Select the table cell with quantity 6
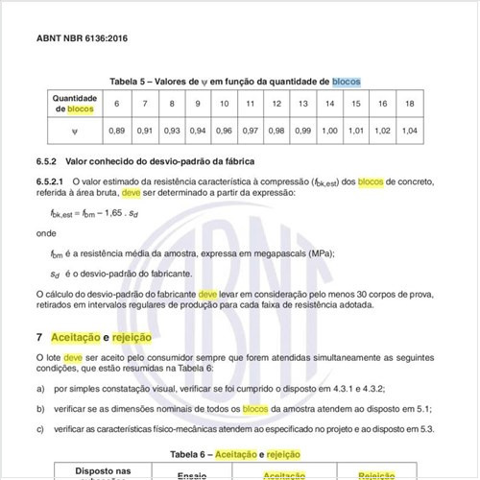117,104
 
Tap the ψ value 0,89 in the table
117,130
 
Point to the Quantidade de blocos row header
73,104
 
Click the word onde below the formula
46,232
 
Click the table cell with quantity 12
276,104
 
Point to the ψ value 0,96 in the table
224,130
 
